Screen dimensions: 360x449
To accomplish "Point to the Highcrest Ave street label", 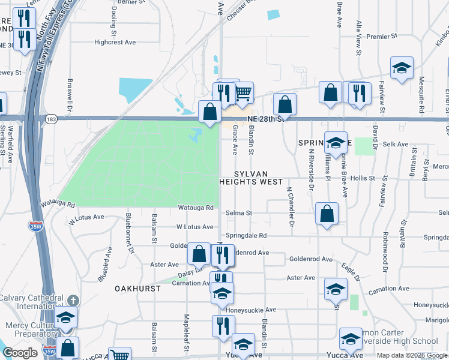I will click(115, 43).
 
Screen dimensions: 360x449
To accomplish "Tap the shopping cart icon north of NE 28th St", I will click(243, 93).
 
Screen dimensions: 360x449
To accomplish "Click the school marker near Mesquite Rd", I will click(402, 68).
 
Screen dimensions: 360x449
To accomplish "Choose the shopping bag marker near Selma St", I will click(326, 214).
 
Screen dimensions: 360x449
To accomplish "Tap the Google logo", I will click(20, 353).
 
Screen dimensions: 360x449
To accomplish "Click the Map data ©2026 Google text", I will click(412, 355).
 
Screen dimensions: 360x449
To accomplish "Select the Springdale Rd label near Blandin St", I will click(246, 236).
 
